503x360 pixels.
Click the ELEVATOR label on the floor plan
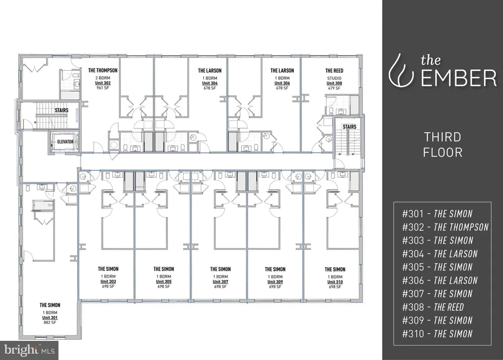[x=65, y=142]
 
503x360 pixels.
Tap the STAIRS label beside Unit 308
[x=349, y=127]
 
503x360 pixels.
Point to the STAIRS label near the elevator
[x=61, y=111]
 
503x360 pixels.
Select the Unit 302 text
[x=103, y=83]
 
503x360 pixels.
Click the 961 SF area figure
[x=103, y=87]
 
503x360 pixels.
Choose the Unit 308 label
[x=334, y=83]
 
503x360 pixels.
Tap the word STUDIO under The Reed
[x=334, y=78]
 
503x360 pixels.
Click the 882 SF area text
[x=50, y=323]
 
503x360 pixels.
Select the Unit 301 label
[x=50, y=318]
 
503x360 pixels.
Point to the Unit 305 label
[x=164, y=281]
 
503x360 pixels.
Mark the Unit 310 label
[x=335, y=282]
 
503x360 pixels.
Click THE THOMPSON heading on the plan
[x=103, y=70]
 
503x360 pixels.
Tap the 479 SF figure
[x=334, y=88]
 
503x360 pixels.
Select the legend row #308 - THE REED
[x=433, y=307]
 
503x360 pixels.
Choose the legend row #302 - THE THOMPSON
[x=445, y=227]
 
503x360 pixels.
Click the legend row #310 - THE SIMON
[x=437, y=333]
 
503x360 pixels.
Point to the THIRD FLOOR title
[x=443, y=144]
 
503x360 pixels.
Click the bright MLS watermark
[x=29, y=349]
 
